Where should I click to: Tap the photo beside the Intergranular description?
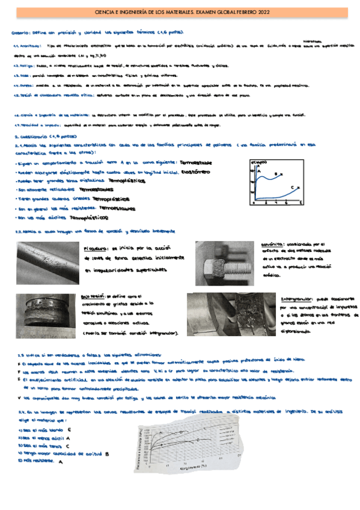pos(231,313)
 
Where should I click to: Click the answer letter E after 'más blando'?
pos(70,429)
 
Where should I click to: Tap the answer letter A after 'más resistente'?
pos(61,461)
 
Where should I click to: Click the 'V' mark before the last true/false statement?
pos(20,398)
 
